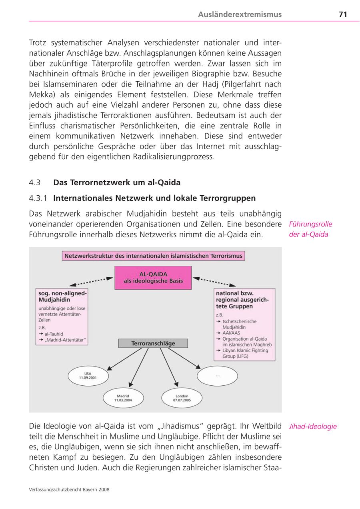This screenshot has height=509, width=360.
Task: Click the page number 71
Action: pyautogui.click(x=342, y=14)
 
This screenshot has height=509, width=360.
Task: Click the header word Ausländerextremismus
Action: pyautogui.click(x=240, y=14)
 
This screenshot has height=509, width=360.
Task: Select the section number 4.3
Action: pyautogui.click(x=35, y=182)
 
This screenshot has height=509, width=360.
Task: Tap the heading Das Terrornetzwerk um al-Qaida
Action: pyautogui.click(x=117, y=182)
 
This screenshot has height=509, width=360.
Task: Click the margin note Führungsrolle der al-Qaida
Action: pyautogui.click(x=310, y=229)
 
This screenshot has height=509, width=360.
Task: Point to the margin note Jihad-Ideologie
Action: pyautogui.click(x=313, y=427)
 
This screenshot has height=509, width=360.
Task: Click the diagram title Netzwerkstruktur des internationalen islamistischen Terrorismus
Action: pyautogui.click(x=154, y=256)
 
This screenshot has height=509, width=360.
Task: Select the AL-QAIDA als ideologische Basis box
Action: pyautogui.click(x=153, y=277)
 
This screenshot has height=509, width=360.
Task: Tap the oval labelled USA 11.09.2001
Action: pyautogui.click(x=88, y=376)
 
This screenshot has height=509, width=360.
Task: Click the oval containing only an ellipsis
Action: pyautogui.click(x=217, y=376)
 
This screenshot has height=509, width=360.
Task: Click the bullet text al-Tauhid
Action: pyautogui.click(x=54, y=334)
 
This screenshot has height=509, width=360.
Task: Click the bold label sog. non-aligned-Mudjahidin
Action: pyautogui.click(x=62, y=296)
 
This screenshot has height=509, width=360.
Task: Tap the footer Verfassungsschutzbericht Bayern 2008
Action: pyautogui.click(x=69, y=489)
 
